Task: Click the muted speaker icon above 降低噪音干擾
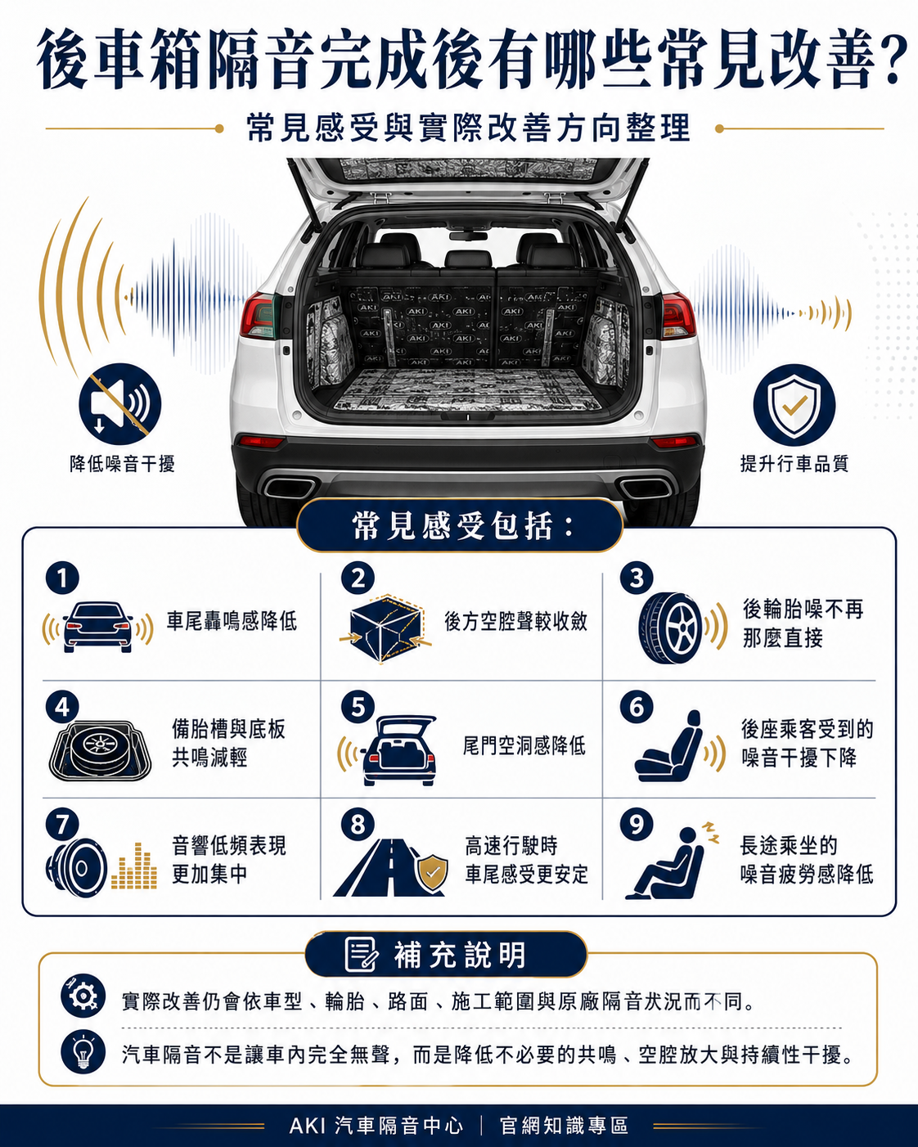[x=120, y=404]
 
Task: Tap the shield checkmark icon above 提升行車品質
[x=794, y=405]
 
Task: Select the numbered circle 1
[x=62, y=578]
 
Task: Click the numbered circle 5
[x=358, y=708]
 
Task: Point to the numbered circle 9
[x=637, y=824]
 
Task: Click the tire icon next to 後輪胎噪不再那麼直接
[x=671, y=628]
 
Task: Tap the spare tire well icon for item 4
[x=100, y=751]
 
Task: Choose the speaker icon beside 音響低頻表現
[x=77, y=868]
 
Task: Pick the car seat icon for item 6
[x=668, y=746]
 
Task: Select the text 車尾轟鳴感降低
[x=232, y=621]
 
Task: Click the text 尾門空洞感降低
[x=524, y=745]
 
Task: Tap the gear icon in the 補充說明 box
[x=83, y=996]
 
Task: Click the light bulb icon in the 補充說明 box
[x=83, y=1051]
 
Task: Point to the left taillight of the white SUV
[x=258, y=316]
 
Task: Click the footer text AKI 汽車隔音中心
[x=376, y=1126]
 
